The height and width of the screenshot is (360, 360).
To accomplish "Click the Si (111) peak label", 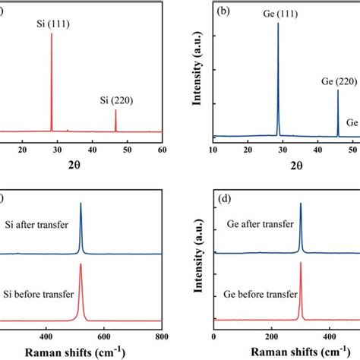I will (52, 25).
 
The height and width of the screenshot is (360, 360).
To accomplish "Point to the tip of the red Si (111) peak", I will (52, 33).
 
